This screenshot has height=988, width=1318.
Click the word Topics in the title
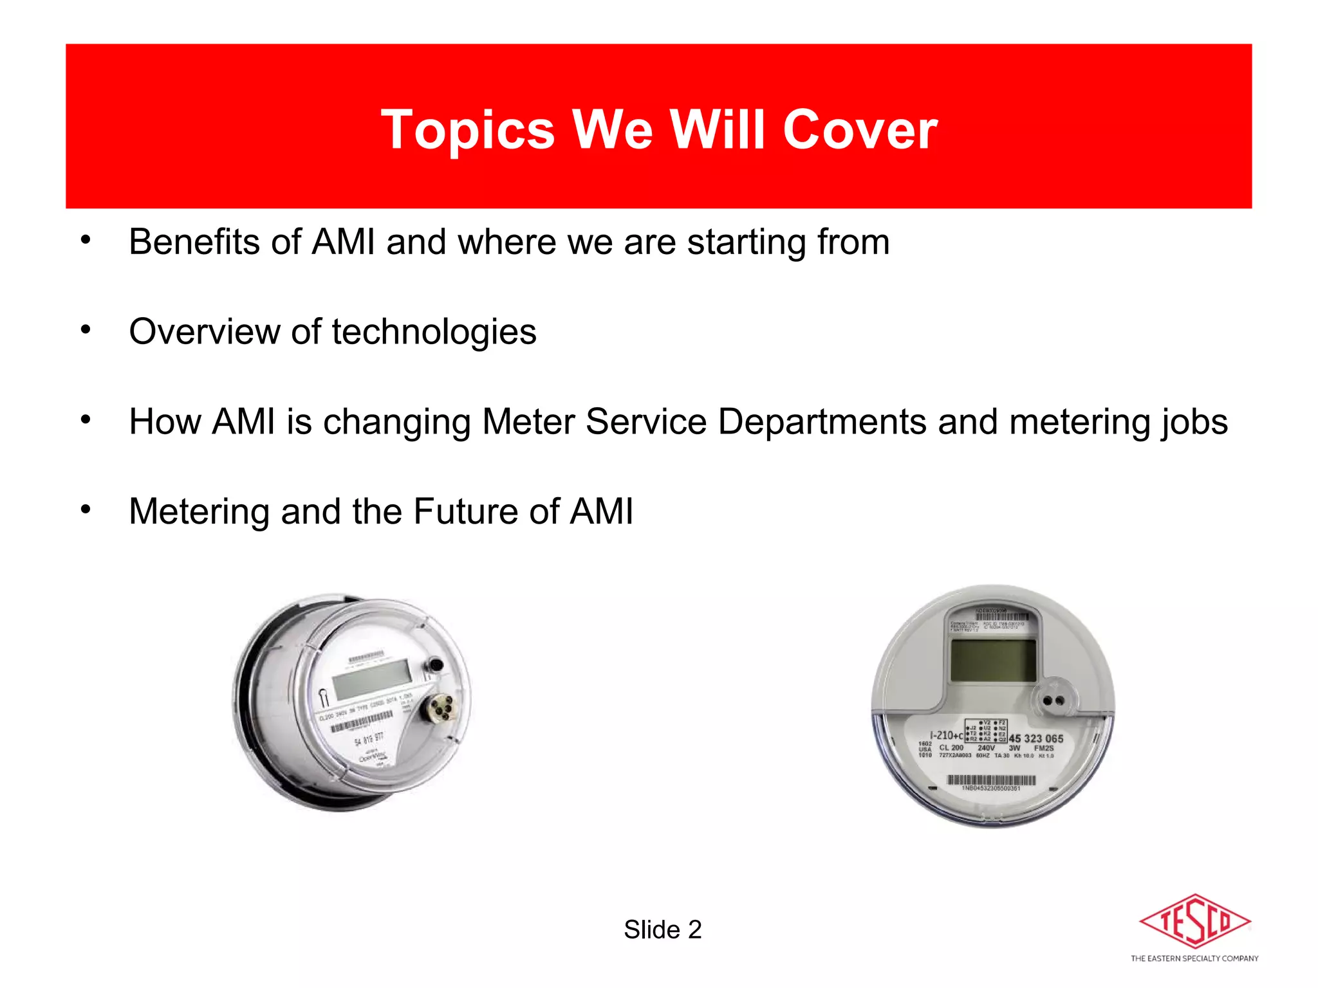pyautogui.click(x=467, y=130)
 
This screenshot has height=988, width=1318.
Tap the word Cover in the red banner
pyautogui.click(x=860, y=130)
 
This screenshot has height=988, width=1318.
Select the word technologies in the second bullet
pyautogui.click(x=434, y=333)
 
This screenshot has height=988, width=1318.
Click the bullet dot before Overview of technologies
pyautogui.click(x=86, y=330)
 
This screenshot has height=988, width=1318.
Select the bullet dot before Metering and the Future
pyautogui.click(x=86, y=509)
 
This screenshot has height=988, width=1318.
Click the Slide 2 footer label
pyautogui.click(x=662, y=930)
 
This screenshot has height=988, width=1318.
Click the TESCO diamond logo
pyautogui.click(x=1194, y=921)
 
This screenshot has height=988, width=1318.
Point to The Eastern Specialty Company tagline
pyautogui.click(x=1194, y=958)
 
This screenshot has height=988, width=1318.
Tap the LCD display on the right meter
pyautogui.click(x=993, y=661)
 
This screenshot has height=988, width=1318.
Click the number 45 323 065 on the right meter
pyautogui.click(x=1035, y=738)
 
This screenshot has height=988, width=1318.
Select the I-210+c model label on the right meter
pyautogui.click(x=946, y=735)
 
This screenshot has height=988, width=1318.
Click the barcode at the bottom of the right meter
pyautogui.click(x=991, y=780)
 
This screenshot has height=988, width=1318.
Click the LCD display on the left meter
pyautogui.click(x=372, y=679)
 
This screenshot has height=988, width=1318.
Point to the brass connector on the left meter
pyautogui.click(x=440, y=709)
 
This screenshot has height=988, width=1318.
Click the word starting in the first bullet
pyautogui.click(x=746, y=242)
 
